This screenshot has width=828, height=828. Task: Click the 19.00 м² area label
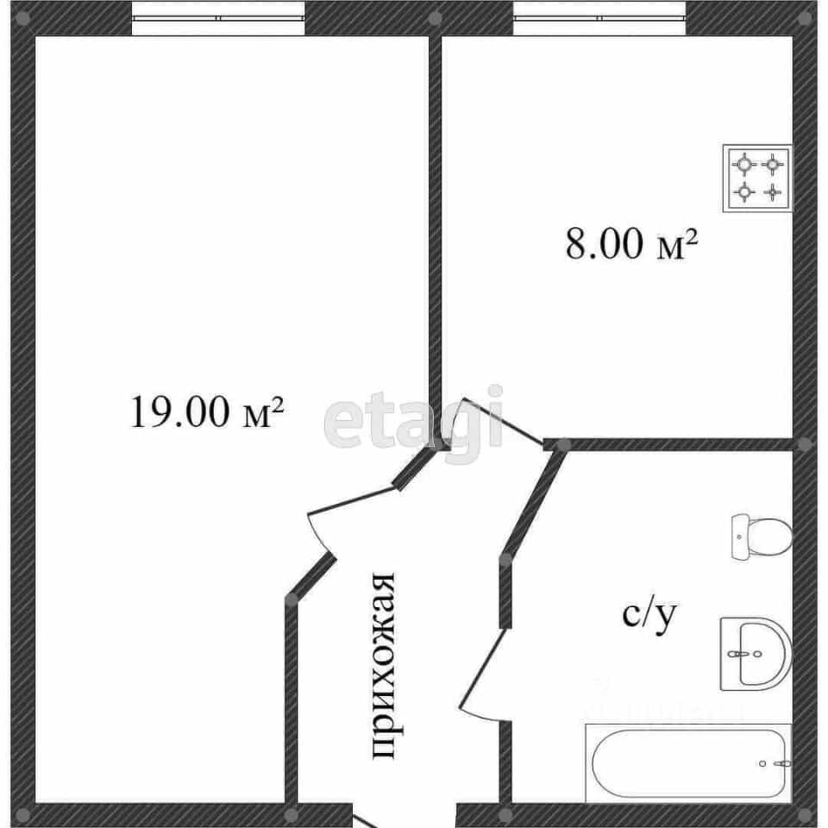pos(206,411)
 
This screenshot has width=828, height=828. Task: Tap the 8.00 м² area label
pos(631,244)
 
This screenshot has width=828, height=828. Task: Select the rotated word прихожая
pos(383,666)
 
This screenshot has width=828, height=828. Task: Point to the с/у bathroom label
pos(649,616)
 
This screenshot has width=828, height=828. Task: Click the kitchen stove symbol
pos(758,179)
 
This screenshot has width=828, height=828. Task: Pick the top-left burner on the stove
pos(744,165)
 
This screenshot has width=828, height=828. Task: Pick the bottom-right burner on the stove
pos(773,192)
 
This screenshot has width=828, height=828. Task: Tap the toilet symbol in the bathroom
pos(762,536)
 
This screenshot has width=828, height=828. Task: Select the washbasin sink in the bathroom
pos(756,654)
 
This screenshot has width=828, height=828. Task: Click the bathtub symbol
pos(688,763)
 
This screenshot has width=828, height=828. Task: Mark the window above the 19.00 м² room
pos(218,18)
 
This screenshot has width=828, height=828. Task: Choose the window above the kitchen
pos(599,18)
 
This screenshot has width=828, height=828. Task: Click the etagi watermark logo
pos(413,423)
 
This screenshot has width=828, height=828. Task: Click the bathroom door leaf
pos(481,668)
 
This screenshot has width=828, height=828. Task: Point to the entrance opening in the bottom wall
pos(404,816)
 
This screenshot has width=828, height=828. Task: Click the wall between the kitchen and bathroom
pos(668,445)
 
